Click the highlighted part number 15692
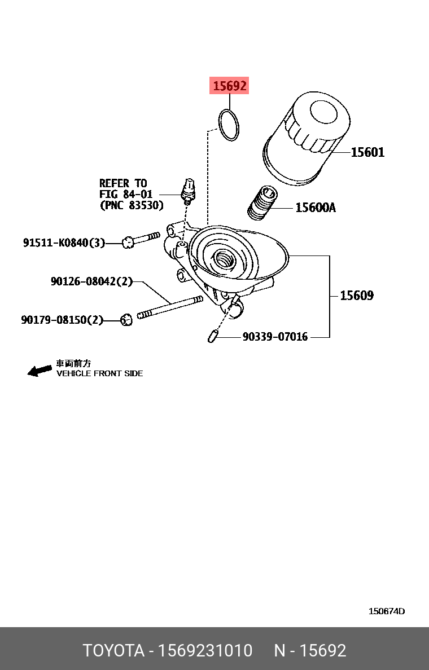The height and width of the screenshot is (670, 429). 229,86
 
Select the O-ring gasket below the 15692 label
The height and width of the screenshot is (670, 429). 229,125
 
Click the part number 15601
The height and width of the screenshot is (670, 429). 367,152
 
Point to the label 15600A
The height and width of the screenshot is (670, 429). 315,208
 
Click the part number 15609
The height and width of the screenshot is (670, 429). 356,295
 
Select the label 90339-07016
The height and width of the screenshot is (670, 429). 275,337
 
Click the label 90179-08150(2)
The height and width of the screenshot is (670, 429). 62,320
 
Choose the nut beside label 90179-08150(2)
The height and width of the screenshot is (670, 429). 126,320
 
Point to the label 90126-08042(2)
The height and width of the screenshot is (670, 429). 91,281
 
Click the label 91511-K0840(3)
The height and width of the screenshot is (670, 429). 64,243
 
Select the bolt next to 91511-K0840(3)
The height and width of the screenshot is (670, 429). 141,240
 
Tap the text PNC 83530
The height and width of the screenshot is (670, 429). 132,205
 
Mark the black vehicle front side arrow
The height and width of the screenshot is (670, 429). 40,370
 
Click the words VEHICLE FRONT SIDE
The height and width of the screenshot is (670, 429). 99,373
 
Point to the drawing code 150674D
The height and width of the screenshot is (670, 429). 387,611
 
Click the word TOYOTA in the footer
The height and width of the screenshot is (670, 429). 113,650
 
